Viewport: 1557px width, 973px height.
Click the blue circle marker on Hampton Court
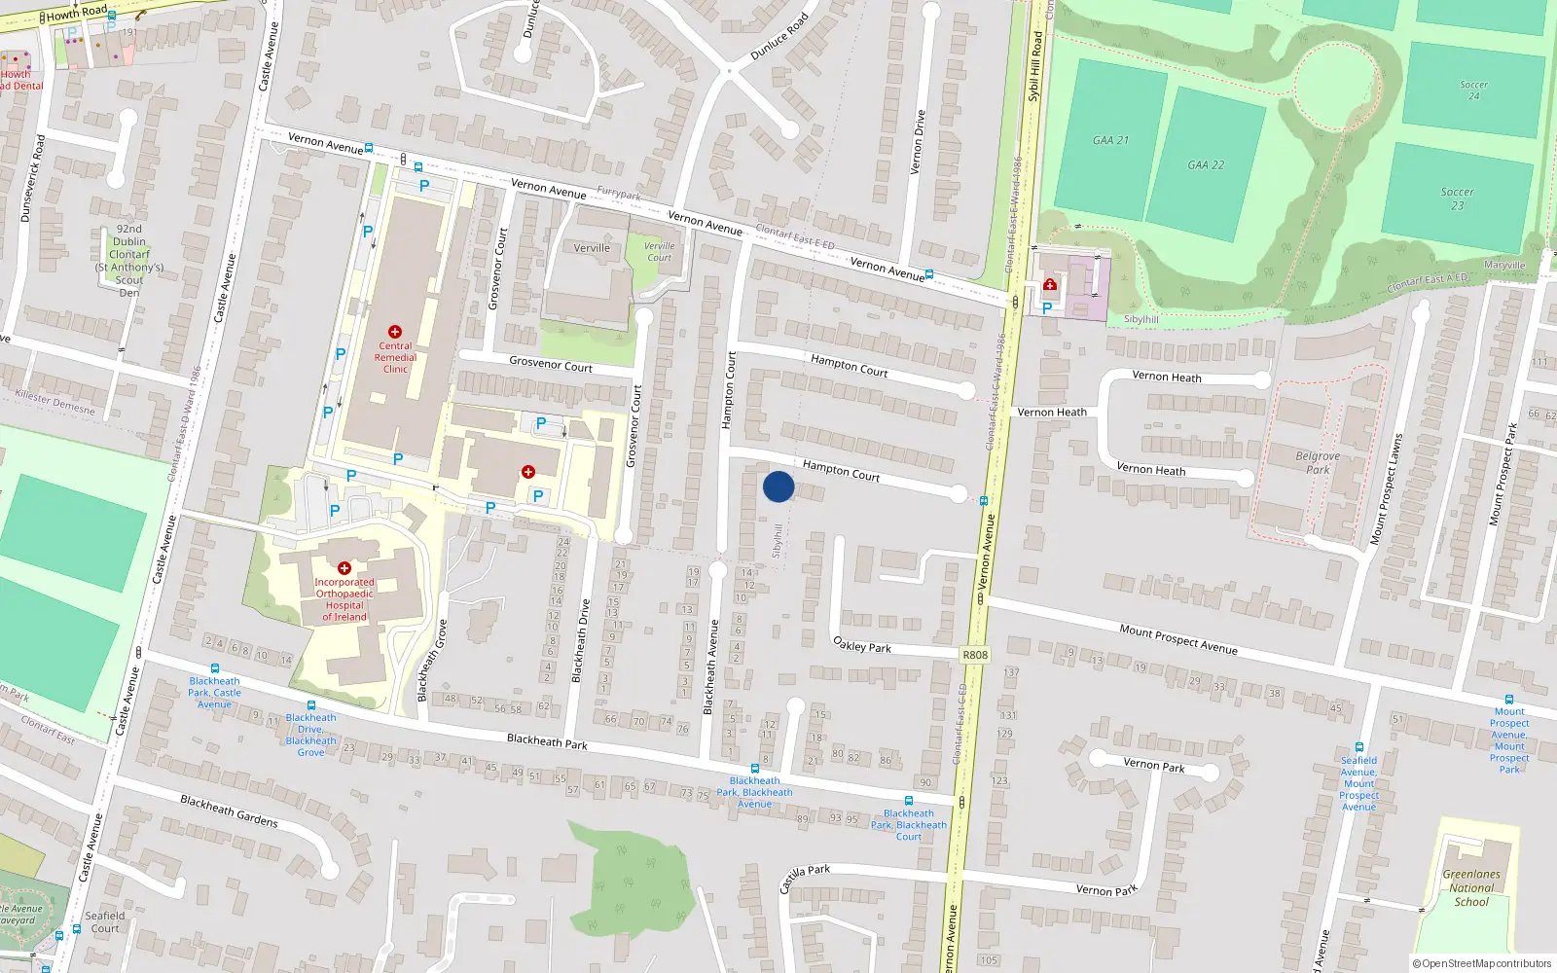pyautogui.click(x=778, y=486)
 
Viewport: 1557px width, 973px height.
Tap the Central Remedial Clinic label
pyautogui.click(x=395, y=357)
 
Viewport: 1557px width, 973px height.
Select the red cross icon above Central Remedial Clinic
pyautogui.click(x=395, y=332)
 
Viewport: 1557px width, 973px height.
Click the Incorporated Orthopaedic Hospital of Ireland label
pyautogui.click(x=344, y=599)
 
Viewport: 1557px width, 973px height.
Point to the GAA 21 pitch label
pyautogui.click(x=1110, y=140)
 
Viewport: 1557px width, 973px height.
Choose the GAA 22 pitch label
pyautogui.click(x=1206, y=164)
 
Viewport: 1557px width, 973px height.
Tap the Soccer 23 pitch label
pyautogui.click(x=1457, y=198)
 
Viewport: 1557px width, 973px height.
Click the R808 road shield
pyautogui.click(x=975, y=655)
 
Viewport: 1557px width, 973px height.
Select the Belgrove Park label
pyautogui.click(x=1318, y=462)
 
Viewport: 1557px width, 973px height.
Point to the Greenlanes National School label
pyautogui.click(x=1471, y=887)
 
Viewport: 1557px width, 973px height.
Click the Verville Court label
pyautogui.click(x=659, y=251)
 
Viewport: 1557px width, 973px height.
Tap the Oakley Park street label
pyautogui.click(x=862, y=645)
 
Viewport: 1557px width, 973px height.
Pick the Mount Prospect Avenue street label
pyautogui.click(x=1177, y=638)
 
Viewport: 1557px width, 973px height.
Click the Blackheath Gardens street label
pyautogui.click(x=229, y=811)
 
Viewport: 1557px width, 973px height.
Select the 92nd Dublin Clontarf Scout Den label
pyautogui.click(x=129, y=261)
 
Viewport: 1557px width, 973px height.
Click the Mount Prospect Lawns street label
pyautogui.click(x=1387, y=488)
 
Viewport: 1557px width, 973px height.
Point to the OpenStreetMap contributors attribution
pyautogui.click(x=1481, y=963)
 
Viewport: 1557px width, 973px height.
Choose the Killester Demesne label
pyautogui.click(x=55, y=402)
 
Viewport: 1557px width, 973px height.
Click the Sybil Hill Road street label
pyautogui.click(x=1035, y=66)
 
